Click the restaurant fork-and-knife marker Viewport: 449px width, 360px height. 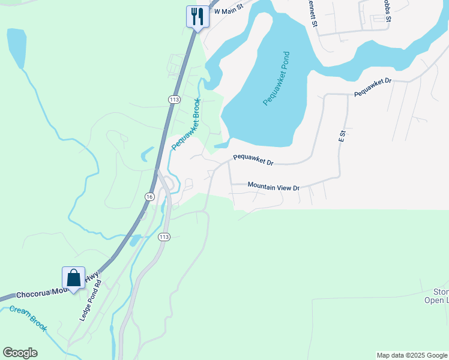coord(197,16)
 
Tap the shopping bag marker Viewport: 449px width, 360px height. coord(73,278)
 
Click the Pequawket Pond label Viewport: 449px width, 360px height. coord(277,79)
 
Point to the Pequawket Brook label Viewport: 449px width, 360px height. coord(185,124)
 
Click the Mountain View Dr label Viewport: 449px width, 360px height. coord(273,187)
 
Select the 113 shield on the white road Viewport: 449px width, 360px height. coord(164,238)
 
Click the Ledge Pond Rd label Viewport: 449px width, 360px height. coord(91,300)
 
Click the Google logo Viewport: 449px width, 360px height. coord(20,353)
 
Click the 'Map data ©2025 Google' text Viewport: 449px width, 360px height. coord(411,355)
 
